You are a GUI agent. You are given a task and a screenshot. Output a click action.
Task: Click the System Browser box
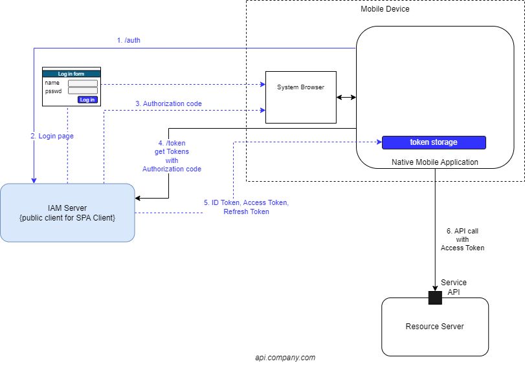(300, 97)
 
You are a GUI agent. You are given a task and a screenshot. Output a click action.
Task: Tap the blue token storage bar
(434, 142)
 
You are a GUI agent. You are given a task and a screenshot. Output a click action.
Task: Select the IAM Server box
(67, 213)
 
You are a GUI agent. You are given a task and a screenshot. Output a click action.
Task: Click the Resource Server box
(434, 327)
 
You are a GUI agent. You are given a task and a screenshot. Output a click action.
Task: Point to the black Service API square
(435, 298)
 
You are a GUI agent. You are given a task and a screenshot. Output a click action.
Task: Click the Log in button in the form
(87, 100)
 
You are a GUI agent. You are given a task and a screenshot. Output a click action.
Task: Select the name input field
(83, 83)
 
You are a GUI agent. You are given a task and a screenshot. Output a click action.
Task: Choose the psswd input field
(83, 91)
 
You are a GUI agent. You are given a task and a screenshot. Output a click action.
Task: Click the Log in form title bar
(71, 74)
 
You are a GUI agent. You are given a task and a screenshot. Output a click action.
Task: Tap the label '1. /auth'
(129, 40)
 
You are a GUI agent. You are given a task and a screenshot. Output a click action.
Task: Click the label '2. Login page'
(52, 136)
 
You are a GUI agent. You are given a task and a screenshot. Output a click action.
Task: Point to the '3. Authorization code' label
(168, 103)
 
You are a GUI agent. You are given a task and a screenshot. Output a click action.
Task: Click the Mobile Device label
(385, 9)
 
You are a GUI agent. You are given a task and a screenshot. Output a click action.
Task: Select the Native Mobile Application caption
(435, 162)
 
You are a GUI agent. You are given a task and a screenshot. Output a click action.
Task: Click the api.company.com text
(285, 358)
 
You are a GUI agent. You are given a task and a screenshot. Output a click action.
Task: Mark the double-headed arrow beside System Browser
(346, 97)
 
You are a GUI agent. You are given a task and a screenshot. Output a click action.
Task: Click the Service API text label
(454, 287)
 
